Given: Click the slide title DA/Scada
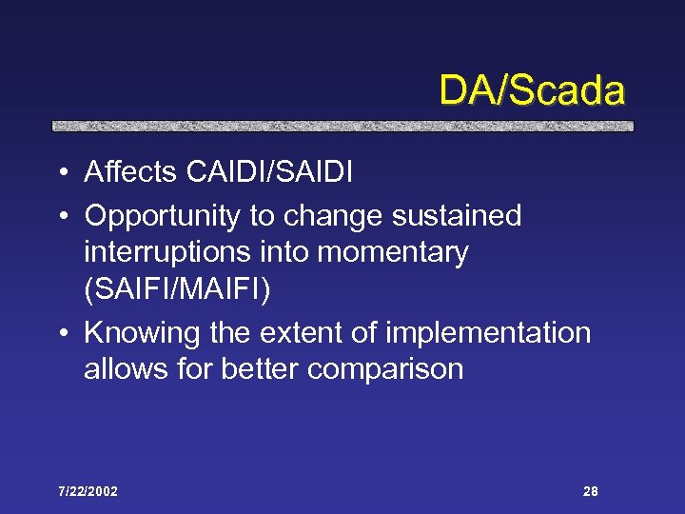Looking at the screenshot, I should [x=531, y=91].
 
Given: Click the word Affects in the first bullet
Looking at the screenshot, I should [x=130, y=172].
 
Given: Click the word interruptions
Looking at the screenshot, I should [x=166, y=252].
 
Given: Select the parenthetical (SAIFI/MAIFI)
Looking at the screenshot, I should [x=177, y=289].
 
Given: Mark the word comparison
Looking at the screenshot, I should [x=385, y=369].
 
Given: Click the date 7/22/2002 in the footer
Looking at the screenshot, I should [x=87, y=491].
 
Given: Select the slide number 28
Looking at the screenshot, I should [x=590, y=491].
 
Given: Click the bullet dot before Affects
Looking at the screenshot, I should [x=60, y=173].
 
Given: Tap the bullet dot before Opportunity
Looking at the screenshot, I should [x=60, y=217].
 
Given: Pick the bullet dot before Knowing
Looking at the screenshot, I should [x=60, y=334].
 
